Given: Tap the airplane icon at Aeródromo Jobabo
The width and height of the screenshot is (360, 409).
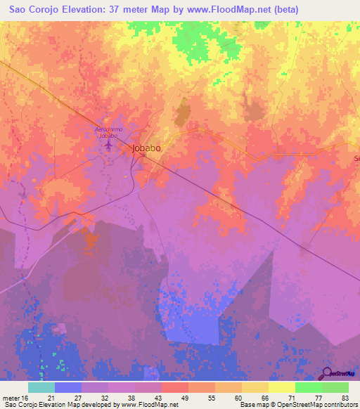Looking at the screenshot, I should [108, 145].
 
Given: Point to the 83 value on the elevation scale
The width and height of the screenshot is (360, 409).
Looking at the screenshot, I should [345, 398].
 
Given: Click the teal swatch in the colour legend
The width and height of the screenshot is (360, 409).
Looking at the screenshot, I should [41, 387].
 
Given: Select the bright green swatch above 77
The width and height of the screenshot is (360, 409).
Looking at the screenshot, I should [308, 387].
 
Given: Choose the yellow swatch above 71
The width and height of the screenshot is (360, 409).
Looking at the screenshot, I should [281, 387].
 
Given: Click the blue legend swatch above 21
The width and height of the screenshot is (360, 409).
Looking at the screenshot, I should [68, 387].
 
